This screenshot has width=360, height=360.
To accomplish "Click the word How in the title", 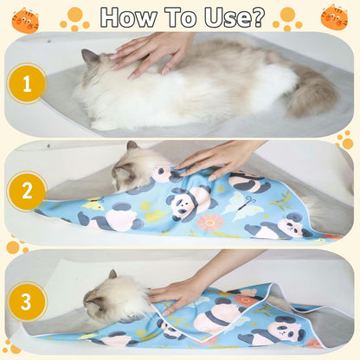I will click(131, 16).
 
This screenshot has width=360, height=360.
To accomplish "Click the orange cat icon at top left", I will click(25, 18).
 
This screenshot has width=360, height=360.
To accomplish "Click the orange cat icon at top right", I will click(334, 16).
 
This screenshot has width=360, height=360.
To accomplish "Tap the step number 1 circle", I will click(27, 83).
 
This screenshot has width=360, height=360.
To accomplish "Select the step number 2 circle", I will click(27, 190).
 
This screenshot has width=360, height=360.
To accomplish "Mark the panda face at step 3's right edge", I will click(285, 329).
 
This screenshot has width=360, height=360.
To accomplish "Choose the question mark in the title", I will click(257, 16).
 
